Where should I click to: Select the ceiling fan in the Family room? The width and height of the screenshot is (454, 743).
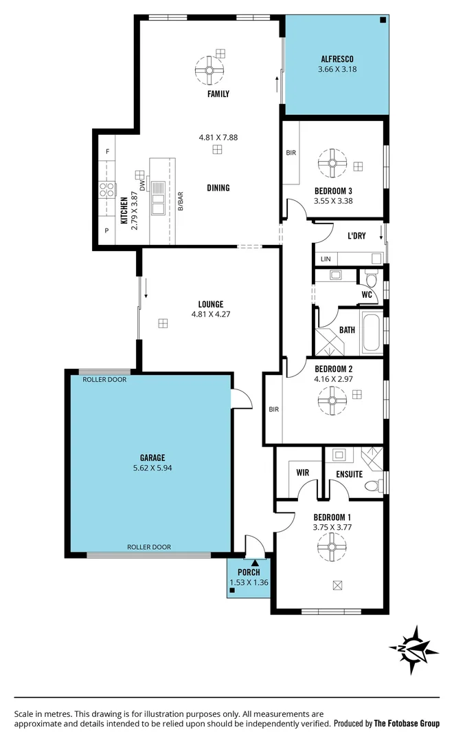click(x=209, y=68)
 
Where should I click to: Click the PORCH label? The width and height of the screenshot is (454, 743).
click(x=248, y=572)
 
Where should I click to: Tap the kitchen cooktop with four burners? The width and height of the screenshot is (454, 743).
click(x=106, y=189)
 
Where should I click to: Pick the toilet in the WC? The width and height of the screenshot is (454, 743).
click(x=372, y=279)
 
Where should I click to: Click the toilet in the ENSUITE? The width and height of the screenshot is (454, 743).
click(x=372, y=485)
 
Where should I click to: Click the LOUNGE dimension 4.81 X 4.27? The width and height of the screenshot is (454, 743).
click(x=211, y=314)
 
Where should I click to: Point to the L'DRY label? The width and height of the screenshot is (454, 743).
click(x=356, y=236)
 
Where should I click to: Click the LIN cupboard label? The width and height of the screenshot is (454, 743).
click(x=326, y=259)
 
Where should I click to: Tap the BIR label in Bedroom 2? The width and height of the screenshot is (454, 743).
click(x=274, y=409)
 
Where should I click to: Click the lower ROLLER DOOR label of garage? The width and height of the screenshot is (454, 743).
click(x=149, y=547)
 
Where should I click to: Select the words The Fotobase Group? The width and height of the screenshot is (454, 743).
click(x=407, y=723)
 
